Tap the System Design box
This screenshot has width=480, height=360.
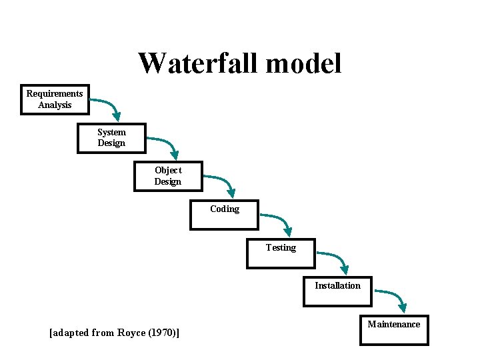click(111, 138)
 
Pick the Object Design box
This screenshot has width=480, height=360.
click(168, 176)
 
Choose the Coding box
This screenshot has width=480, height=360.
click(224, 215)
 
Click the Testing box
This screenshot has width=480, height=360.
click(281, 253)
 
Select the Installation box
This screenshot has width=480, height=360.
click(337, 291)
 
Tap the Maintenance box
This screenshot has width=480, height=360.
click(394, 329)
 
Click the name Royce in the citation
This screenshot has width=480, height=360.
click(133, 333)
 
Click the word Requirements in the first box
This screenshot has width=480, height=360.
click(55, 93)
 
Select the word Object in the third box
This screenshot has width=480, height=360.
click(168, 170)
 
